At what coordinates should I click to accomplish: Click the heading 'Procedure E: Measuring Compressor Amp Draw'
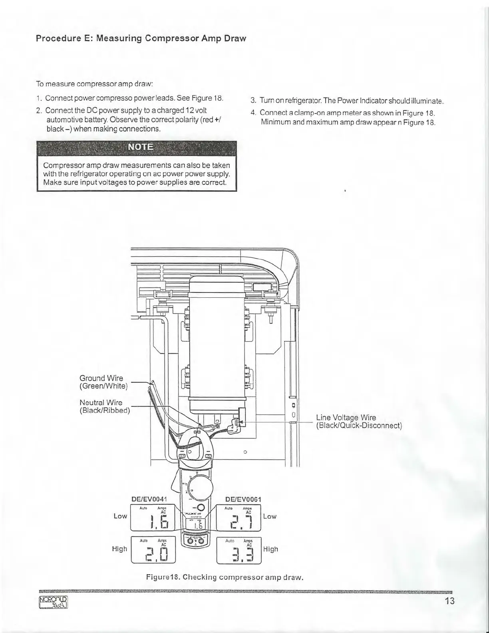[140, 39]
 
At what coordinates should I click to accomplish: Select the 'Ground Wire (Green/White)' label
[103, 382]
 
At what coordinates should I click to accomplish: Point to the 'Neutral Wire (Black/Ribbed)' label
[105, 406]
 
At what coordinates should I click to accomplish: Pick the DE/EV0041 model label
[149, 499]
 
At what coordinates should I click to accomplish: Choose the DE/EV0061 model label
[243, 499]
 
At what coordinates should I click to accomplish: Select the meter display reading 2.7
[239, 518]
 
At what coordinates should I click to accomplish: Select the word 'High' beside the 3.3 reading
[270, 549]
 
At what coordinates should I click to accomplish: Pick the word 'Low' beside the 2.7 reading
[270, 516]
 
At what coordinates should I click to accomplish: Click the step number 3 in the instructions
[253, 100]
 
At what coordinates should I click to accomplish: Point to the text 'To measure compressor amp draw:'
[95, 84]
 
